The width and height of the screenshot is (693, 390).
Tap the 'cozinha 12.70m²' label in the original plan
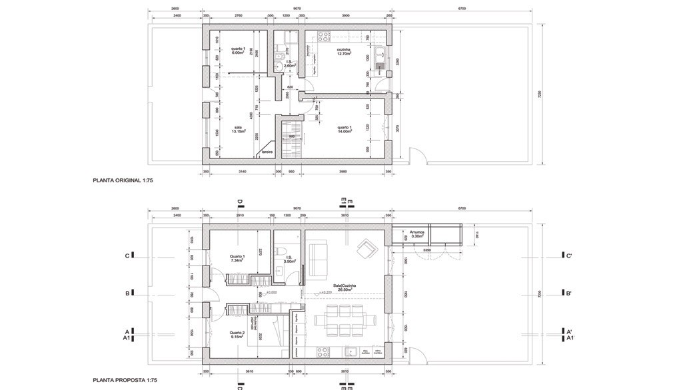(344, 51)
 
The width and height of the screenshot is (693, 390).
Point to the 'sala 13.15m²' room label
(238, 129)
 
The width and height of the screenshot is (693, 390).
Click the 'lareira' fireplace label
(267, 152)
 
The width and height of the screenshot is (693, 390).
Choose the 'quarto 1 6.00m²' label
(239, 50)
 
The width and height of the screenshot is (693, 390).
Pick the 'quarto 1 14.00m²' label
(345, 129)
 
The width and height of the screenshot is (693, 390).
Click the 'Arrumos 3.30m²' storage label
(418, 234)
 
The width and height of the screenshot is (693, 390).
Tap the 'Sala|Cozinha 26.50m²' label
(345, 288)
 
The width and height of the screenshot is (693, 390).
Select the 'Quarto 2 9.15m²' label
(237, 335)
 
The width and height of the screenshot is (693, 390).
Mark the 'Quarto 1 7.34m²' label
(237, 258)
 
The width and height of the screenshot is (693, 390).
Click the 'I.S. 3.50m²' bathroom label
(289, 260)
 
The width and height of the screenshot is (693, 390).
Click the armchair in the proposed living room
(367, 250)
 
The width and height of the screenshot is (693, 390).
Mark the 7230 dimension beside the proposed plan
(540, 293)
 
